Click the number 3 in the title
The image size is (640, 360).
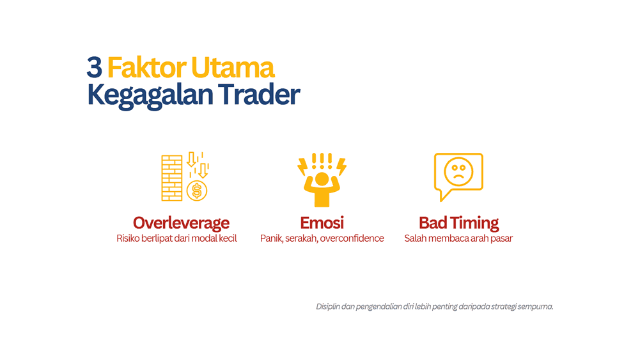pyautogui.click(x=94, y=68)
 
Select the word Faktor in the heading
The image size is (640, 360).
pyautogui.click(x=137, y=68)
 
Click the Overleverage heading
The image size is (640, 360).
pyautogui.click(x=181, y=223)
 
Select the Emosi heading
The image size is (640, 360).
pyautogui.click(x=322, y=223)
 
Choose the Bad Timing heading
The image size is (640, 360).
pyautogui.click(x=458, y=223)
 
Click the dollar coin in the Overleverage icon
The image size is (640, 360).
pyautogui.click(x=197, y=190)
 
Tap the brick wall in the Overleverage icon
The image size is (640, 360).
pyautogui.click(x=171, y=177)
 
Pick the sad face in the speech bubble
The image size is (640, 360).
pyautogui.click(x=458, y=170)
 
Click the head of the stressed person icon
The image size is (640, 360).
pyautogui.click(x=322, y=178)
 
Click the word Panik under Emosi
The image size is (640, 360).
pyautogui.click(x=271, y=239)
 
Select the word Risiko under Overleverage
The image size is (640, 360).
pyautogui.click(x=129, y=239)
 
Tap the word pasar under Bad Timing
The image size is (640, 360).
pyautogui.click(x=501, y=239)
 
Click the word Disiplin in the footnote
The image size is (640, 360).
pyautogui.click(x=327, y=306)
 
